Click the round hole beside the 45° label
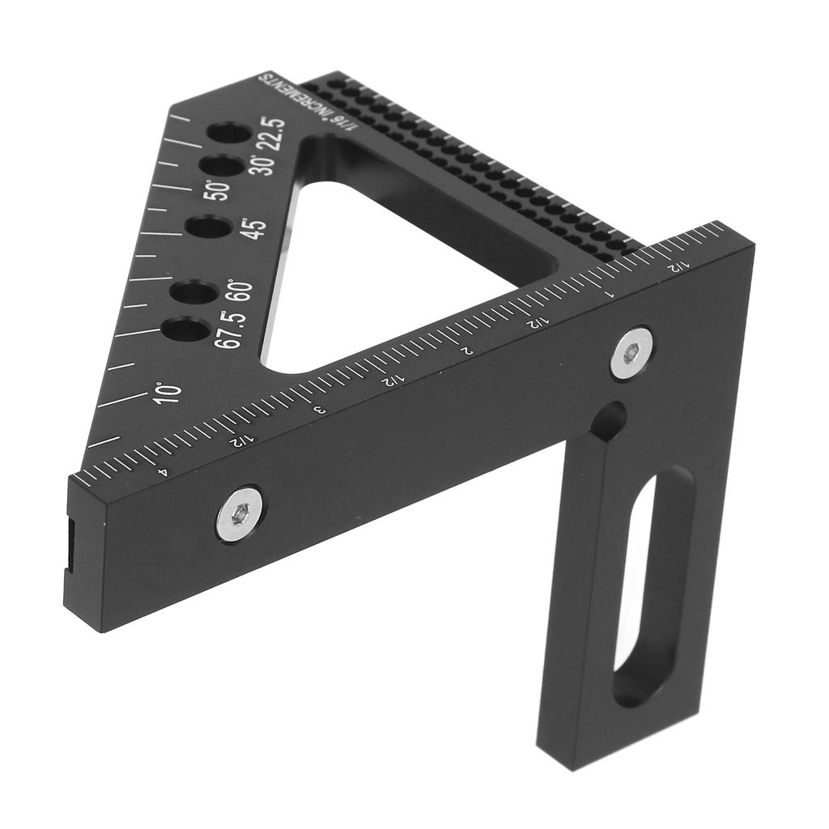click(x=208, y=227)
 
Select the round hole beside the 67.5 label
click(x=184, y=329)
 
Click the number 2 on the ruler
click(x=466, y=351)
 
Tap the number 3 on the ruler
click(x=318, y=410)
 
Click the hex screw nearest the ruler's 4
click(x=239, y=514)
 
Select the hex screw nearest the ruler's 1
click(x=631, y=353)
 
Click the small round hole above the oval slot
click(x=609, y=422)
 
